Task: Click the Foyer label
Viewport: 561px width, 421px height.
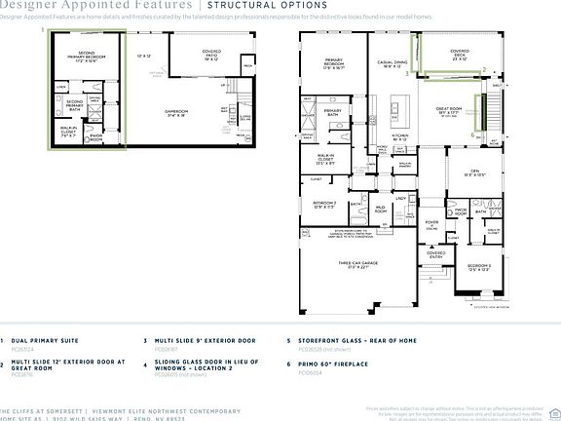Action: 431,222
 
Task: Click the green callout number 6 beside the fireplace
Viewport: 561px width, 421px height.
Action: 473,135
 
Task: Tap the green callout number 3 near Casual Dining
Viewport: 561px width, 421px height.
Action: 484,69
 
